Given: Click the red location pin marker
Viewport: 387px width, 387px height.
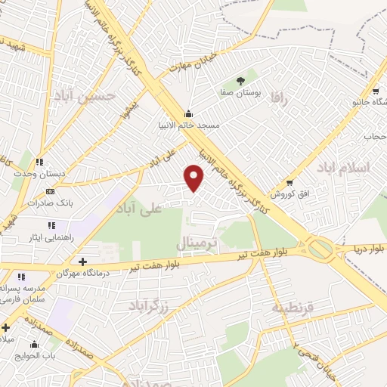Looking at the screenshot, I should (194, 177).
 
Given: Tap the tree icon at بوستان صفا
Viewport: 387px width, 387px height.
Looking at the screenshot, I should (240, 81).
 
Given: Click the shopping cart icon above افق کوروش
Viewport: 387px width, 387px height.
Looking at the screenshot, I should (289, 183).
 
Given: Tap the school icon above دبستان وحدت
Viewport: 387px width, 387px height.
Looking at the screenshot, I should (39, 161).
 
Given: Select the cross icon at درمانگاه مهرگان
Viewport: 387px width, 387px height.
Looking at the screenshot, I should (82, 262).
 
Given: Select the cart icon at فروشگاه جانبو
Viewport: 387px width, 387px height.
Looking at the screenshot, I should (376, 92).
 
